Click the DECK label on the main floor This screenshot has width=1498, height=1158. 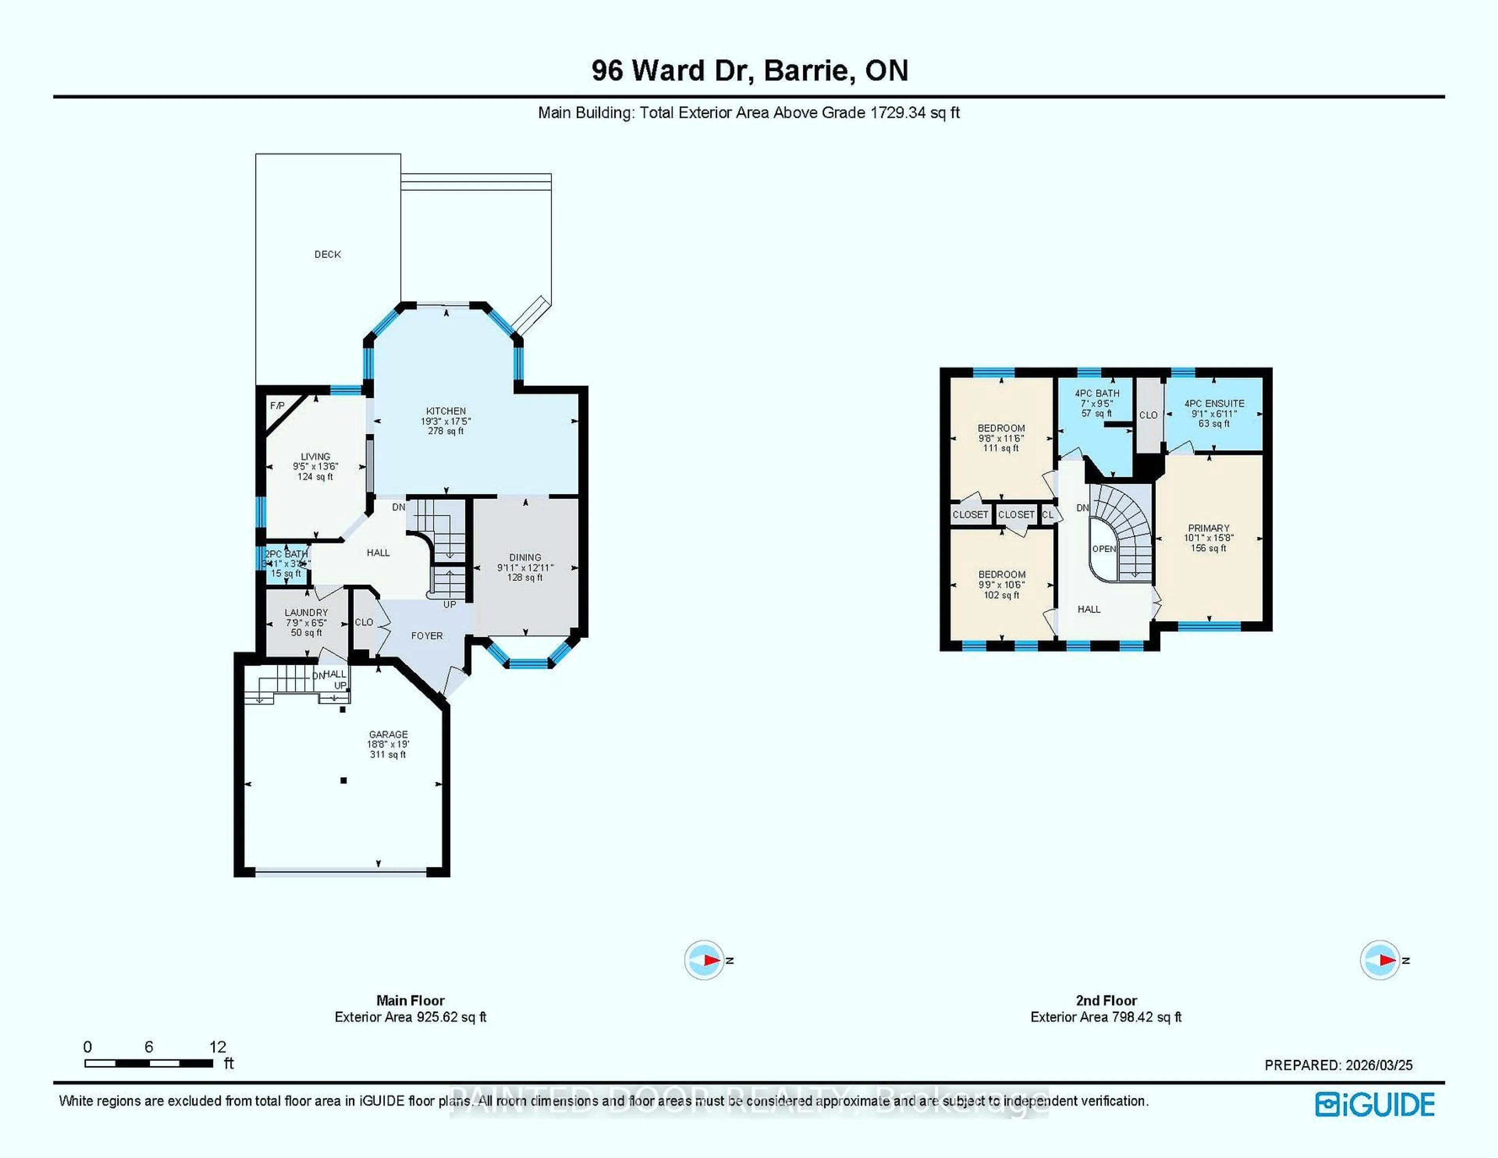pyautogui.click(x=327, y=254)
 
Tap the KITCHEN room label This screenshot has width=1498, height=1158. pyautogui.click(x=446, y=411)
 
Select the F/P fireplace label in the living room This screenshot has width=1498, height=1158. pyautogui.click(x=277, y=406)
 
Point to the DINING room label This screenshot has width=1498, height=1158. pyautogui.click(x=525, y=558)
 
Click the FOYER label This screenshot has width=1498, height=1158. pyautogui.click(x=427, y=636)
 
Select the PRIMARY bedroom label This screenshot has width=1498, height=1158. pyautogui.click(x=1209, y=528)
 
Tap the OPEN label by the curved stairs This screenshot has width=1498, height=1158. pyautogui.click(x=1104, y=549)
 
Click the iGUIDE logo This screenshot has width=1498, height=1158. pyautogui.click(x=1375, y=1105)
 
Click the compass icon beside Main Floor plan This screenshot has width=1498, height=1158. pyautogui.click(x=705, y=960)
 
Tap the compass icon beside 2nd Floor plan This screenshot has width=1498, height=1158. pyautogui.click(x=1380, y=960)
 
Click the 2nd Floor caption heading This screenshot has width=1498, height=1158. pyautogui.click(x=1106, y=1000)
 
